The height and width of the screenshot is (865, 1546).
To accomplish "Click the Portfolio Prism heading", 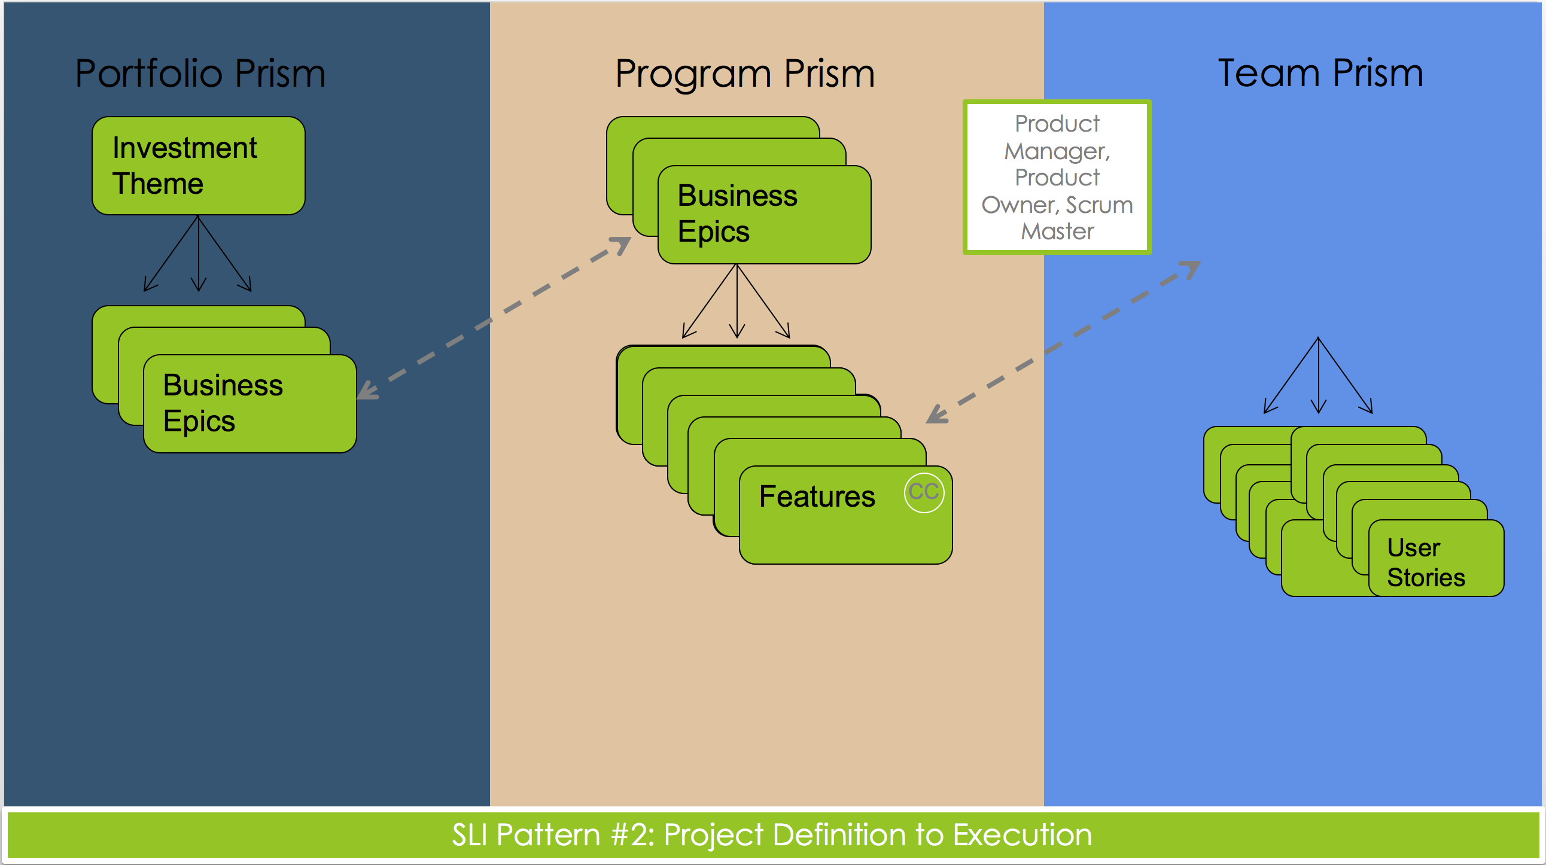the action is [200, 73].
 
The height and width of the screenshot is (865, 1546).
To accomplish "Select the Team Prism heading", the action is [1320, 73].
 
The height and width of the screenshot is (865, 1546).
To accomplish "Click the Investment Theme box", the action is [199, 166].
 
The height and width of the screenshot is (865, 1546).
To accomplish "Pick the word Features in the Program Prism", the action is [817, 497].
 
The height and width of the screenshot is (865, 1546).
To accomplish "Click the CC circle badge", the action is [924, 492].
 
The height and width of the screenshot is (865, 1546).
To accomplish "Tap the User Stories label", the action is [1425, 563].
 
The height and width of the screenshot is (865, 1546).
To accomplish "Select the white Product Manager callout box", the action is [1057, 177].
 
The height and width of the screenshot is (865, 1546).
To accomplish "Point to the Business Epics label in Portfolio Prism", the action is [223, 403].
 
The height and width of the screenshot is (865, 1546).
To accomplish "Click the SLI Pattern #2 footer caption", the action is [772, 834].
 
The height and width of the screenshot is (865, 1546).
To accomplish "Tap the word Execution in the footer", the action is [1022, 834].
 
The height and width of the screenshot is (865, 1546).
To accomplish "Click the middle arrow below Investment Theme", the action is [199, 253].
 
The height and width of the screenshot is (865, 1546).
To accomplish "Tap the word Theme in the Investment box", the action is [158, 183].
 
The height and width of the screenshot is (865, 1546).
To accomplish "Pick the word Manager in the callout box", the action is [1057, 151].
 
